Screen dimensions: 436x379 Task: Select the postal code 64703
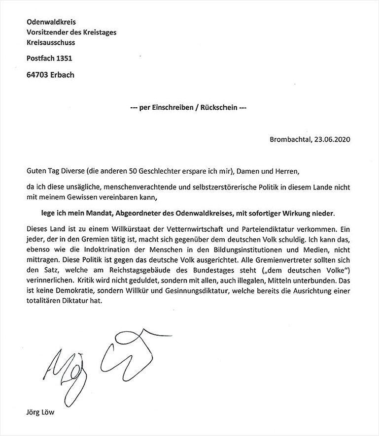tap(38, 75)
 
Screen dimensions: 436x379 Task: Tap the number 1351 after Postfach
tap(64, 59)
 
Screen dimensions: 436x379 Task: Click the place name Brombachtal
tap(291, 139)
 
